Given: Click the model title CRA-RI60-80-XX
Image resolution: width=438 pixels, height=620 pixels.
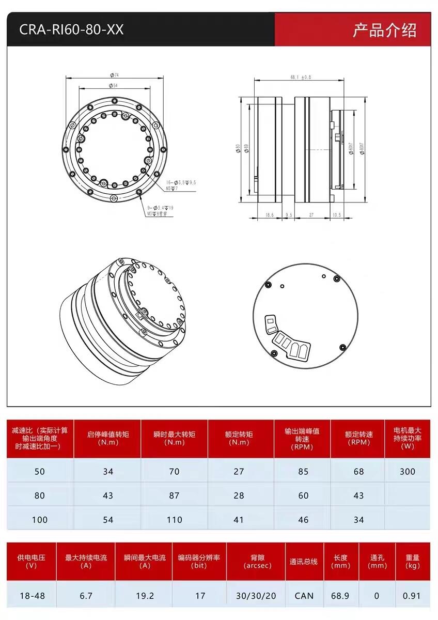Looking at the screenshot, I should pyautogui.click(x=71, y=29).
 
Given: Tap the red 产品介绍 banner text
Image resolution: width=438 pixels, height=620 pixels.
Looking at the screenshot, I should pyautogui.click(x=384, y=30).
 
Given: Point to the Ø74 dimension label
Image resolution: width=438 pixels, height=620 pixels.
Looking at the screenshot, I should pyautogui.click(x=114, y=75).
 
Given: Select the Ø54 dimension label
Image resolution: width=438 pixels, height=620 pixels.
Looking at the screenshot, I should pyautogui.click(x=114, y=85).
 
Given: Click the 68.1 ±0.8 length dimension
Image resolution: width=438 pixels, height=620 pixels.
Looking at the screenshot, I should pyautogui.click(x=301, y=77).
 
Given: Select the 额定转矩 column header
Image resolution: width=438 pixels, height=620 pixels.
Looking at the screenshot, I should pyautogui.click(x=239, y=438).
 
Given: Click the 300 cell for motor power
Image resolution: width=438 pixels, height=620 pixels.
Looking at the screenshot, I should pyautogui.click(x=407, y=471).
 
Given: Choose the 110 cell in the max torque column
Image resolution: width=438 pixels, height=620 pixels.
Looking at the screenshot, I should pyautogui.click(x=175, y=519).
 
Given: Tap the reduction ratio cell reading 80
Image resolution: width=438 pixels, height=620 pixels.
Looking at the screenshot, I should pyautogui.click(x=40, y=495).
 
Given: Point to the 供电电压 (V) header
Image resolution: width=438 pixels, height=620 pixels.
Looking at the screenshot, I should pyautogui.click(x=31, y=562).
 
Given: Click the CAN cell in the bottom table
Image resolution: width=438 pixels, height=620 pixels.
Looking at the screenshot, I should pyautogui.click(x=304, y=596).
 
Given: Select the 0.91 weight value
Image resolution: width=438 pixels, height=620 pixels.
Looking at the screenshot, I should pyautogui.click(x=412, y=596).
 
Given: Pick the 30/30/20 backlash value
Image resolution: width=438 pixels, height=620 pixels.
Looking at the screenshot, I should pyautogui.click(x=256, y=596).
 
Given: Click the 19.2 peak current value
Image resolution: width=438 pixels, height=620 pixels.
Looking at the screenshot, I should pyautogui.click(x=145, y=596).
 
